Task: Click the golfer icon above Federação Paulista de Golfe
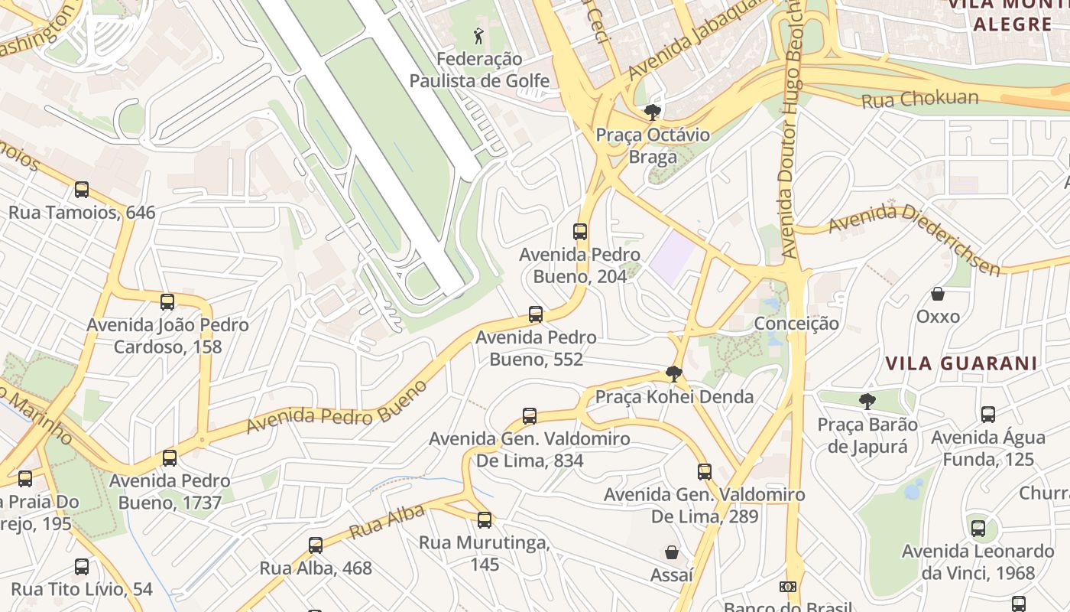pyautogui.click(x=479, y=35)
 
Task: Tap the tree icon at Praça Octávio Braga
pyautogui.click(x=652, y=113)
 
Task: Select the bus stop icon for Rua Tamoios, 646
pyautogui.click(x=82, y=190)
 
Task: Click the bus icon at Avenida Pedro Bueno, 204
pyautogui.click(x=580, y=232)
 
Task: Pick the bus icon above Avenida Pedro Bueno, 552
pyautogui.click(x=536, y=314)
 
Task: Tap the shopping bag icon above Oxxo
pyautogui.click(x=938, y=294)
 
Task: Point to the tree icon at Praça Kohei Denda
pyautogui.click(x=673, y=374)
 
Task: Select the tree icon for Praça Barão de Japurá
pyautogui.click(x=867, y=402)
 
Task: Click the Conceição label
pyautogui.click(x=796, y=324)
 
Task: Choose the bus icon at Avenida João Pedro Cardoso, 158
pyautogui.click(x=167, y=302)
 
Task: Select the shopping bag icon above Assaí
pyautogui.click(x=672, y=552)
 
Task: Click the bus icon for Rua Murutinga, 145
pyautogui.click(x=485, y=520)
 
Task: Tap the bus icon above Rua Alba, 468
pyautogui.click(x=316, y=545)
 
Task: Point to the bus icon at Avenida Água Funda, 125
pyautogui.click(x=988, y=415)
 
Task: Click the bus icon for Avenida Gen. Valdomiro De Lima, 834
pyautogui.click(x=530, y=416)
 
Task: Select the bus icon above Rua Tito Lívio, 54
pyautogui.click(x=82, y=567)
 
